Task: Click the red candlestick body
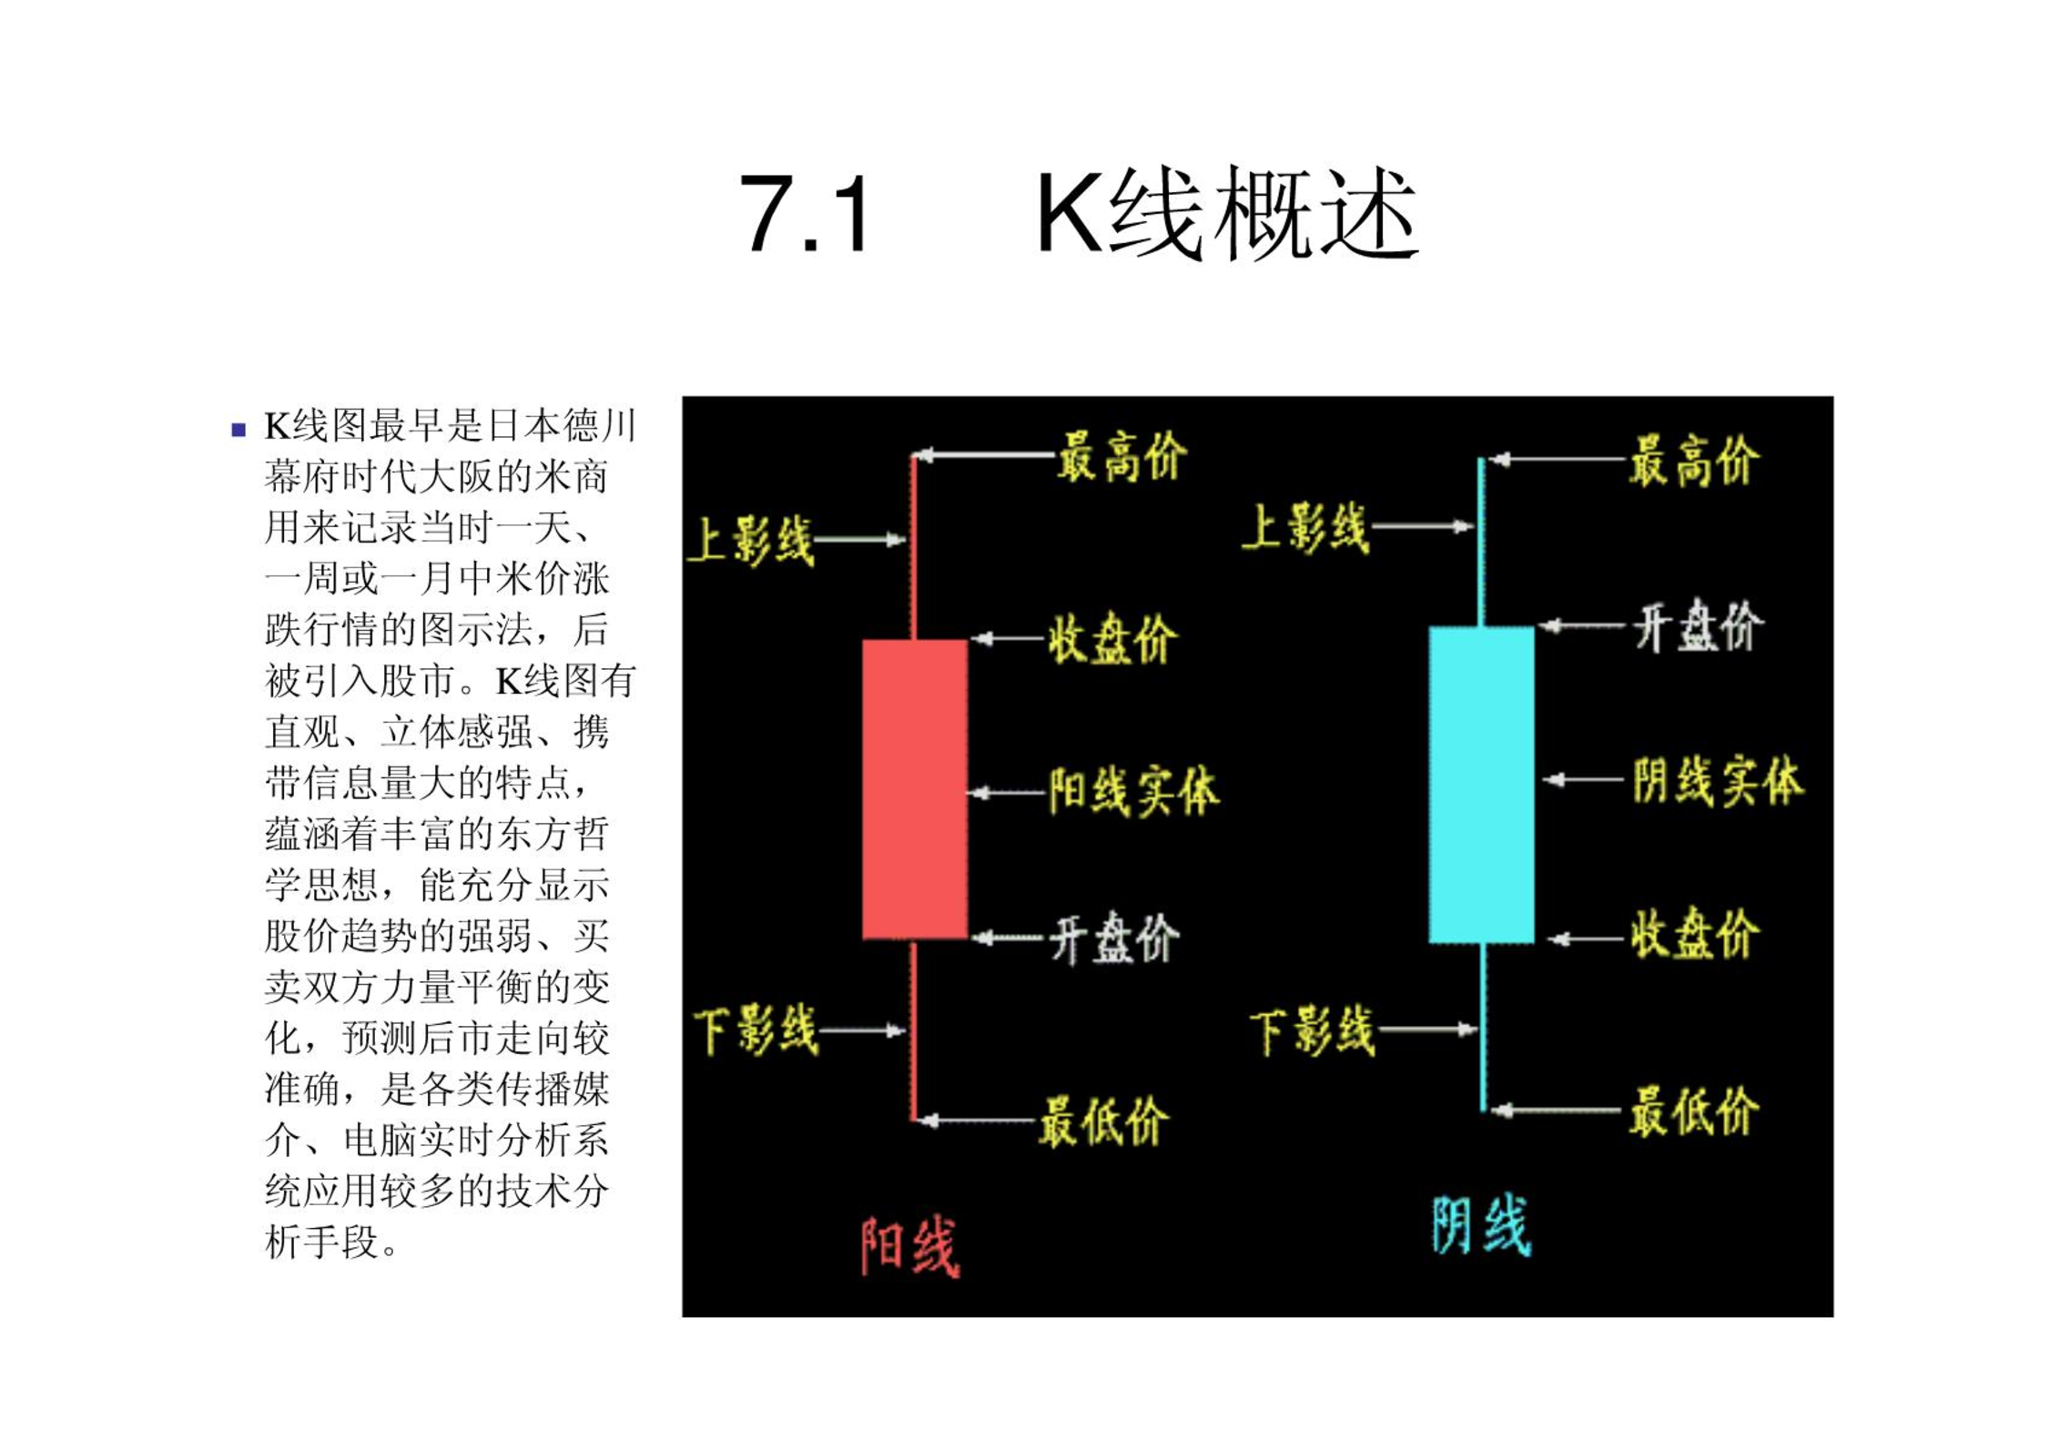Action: pyautogui.click(x=915, y=788)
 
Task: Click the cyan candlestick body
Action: pyautogui.click(x=1481, y=785)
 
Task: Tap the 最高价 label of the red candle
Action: pyautogui.click(x=1122, y=457)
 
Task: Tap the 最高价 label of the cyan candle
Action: pyautogui.click(x=1694, y=461)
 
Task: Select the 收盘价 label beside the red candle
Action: pyautogui.click(x=1113, y=638)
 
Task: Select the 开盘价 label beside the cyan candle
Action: pyautogui.click(x=1699, y=626)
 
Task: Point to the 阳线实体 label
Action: pyautogui.click(x=1133, y=790)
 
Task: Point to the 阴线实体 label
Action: pyautogui.click(x=1718, y=781)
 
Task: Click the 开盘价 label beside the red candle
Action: pyautogui.click(x=1115, y=939)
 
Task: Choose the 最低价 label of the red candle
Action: pyautogui.click(x=1104, y=1121)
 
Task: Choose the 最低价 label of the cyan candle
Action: pyautogui.click(x=1694, y=1111)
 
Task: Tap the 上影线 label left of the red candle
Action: pyautogui.click(x=751, y=541)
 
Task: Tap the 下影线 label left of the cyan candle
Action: pyautogui.click(x=1313, y=1031)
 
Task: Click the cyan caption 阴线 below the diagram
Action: pyautogui.click(x=1481, y=1224)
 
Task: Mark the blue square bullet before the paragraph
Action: pyautogui.click(x=238, y=430)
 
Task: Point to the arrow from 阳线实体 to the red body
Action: pyautogui.click(x=1007, y=793)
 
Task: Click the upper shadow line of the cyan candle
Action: pyautogui.click(x=1481, y=542)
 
